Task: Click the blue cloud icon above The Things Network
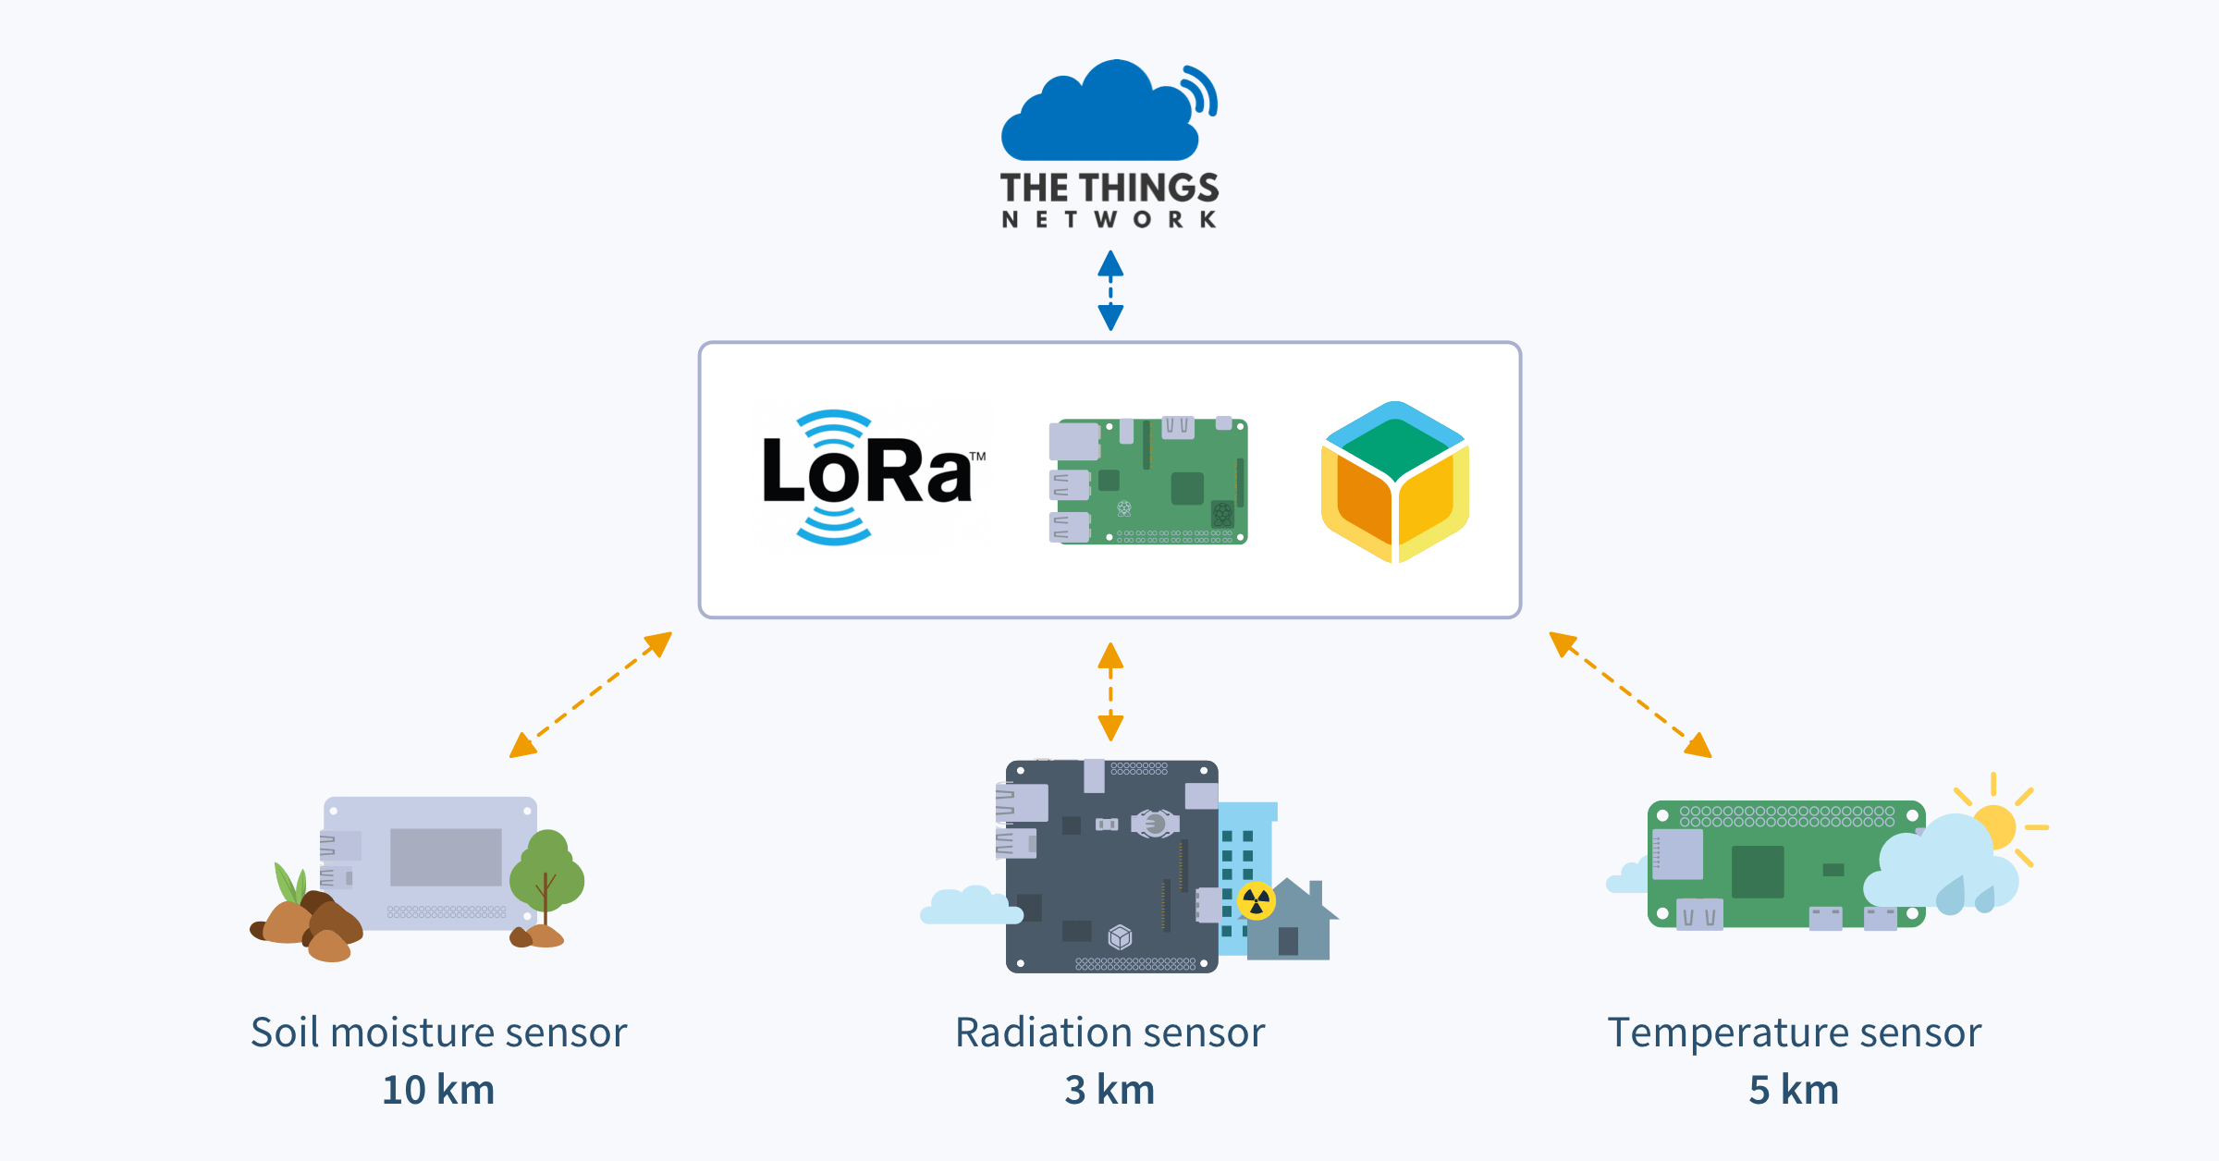coord(1100,116)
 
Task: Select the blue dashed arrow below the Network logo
coord(1110,290)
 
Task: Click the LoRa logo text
coord(867,473)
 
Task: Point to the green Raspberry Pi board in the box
coord(1149,481)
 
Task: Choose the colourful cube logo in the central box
coord(1395,482)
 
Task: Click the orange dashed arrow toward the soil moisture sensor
coord(590,695)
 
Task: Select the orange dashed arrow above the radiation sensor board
coord(1110,691)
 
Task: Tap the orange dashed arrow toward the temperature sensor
coord(1630,695)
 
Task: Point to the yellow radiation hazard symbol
coord(1257,900)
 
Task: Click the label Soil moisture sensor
coord(439,1033)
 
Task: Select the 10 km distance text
coord(439,1090)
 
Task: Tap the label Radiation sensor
coord(1109,1033)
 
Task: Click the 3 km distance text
coord(1109,1090)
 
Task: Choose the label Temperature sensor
coord(1795,1033)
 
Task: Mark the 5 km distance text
coord(1794,1090)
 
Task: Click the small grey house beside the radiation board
coord(1290,924)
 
